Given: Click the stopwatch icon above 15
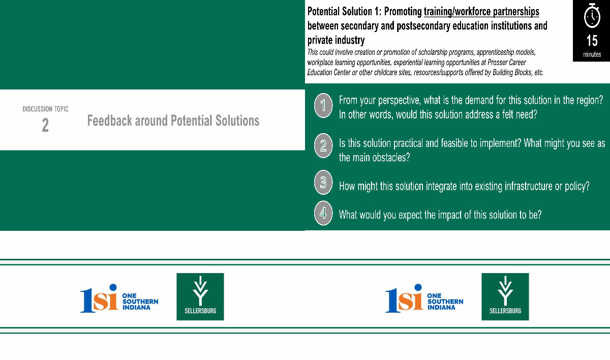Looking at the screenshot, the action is point(592,16).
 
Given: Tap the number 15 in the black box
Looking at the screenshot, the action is point(592,41).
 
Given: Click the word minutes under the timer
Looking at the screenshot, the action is point(592,54).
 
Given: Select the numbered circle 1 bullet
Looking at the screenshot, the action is point(323,105).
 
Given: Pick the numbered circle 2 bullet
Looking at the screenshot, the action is point(323,146).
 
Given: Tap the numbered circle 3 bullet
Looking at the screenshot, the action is point(323,182).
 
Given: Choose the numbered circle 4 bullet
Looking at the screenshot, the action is point(323,213).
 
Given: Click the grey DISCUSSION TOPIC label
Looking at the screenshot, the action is point(45,109).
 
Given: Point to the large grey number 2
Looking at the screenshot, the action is point(45,125).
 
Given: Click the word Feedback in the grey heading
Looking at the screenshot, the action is point(109,121).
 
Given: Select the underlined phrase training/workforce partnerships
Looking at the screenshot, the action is point(481,11).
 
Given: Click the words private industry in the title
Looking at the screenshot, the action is point(336,40).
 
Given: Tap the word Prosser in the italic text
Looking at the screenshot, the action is point(497,63).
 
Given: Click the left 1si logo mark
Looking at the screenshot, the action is point(99,298).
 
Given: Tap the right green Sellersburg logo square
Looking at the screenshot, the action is point(505,296).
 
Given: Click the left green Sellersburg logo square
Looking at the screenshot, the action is point(200,296).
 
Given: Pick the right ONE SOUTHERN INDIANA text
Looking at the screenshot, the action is point(445,302).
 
